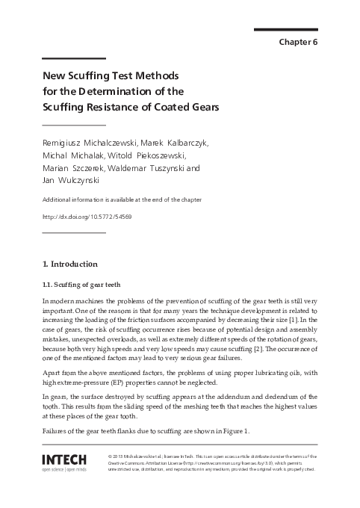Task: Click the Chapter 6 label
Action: click(298, 41)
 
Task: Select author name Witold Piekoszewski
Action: click(149, 155)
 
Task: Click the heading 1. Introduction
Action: click(69, 264)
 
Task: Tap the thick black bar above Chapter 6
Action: click(286, 29)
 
